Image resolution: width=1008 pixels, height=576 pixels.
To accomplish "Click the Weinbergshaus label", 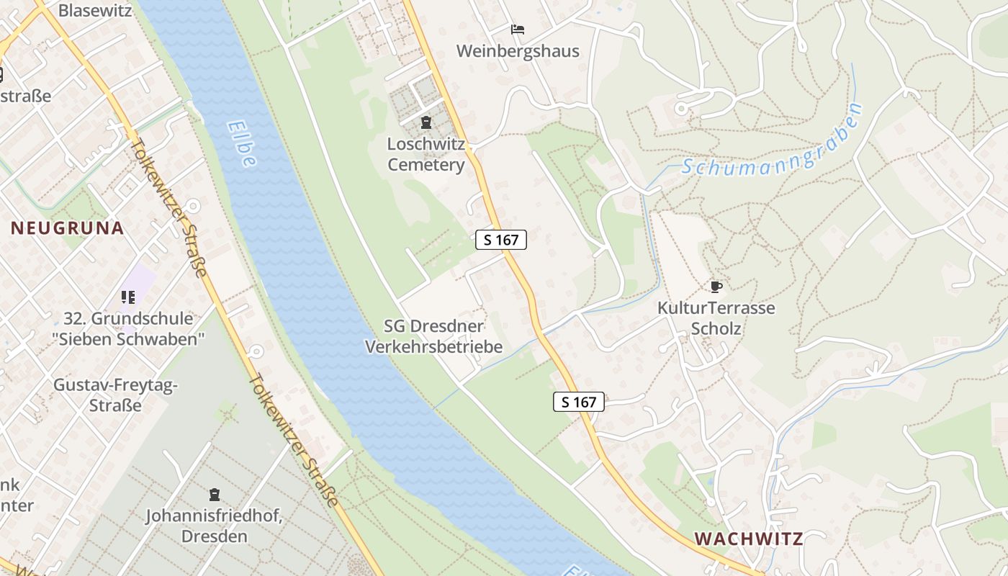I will (518, 52).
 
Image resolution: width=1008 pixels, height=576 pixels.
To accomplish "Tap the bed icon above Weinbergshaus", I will (518, 30).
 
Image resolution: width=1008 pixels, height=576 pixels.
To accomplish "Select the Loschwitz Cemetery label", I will (426, 154).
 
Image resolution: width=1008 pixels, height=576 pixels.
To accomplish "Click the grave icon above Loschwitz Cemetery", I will (426, 122).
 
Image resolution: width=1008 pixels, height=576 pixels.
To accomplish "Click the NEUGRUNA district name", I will (68, 229).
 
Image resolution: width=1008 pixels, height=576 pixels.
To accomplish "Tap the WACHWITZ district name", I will (749, 539).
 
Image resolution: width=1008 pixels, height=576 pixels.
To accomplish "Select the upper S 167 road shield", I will (501, 240).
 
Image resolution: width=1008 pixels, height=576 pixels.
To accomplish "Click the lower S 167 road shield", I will (579, 402).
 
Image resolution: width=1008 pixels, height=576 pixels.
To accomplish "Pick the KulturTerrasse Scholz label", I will (716, 318).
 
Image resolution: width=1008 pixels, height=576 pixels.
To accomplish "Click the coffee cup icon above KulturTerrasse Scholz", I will (716, 287).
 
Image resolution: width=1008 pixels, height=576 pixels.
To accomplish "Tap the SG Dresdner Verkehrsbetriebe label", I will (433, 336).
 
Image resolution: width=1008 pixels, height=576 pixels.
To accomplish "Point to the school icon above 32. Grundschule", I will (128, 297).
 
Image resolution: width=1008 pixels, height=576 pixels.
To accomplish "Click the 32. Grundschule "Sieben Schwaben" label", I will (128, 328).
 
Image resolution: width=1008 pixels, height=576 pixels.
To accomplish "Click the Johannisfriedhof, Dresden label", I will (214, 526).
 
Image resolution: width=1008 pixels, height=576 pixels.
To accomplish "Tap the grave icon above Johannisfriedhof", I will (214, 495).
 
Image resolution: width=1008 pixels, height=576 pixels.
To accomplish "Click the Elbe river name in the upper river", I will (242, 143).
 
